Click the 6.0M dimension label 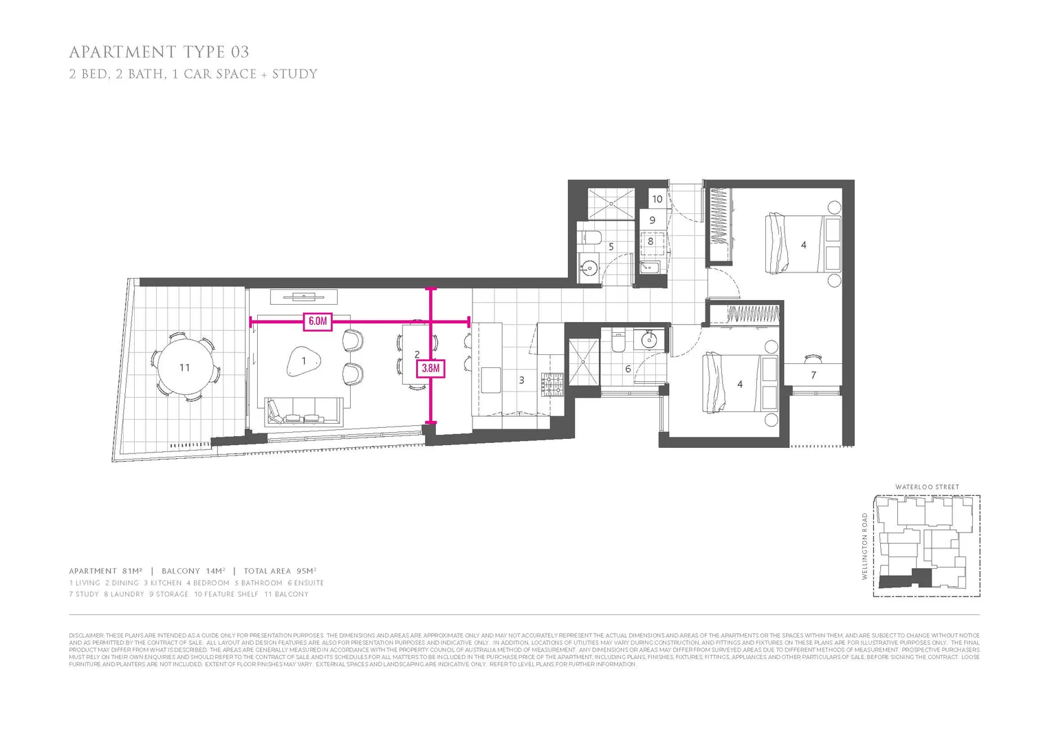click(x=317, y=321)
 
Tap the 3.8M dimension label click(x=430, y=368)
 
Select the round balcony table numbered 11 click(x=184, y=367)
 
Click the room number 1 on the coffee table click(x=303, y=360)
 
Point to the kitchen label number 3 click(x=521, y=380)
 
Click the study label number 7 click(x=813, y=375)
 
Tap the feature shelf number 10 click(x=657, y=199)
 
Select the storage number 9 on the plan click(x=652, y=220)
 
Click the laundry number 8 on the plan click(x=650, y=241)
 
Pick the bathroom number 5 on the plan click(x=611, y=246)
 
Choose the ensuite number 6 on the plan click(x=628, y=369)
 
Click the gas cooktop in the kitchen click(x=552, y=385)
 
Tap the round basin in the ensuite click(x=648, y=339)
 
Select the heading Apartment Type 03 click(x=159, y=52)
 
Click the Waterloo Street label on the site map click(x=926, y=487)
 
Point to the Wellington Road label click(x=865, y=546)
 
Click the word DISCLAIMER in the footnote click(x=86, y=635)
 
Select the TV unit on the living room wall click(x=303, y=297)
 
